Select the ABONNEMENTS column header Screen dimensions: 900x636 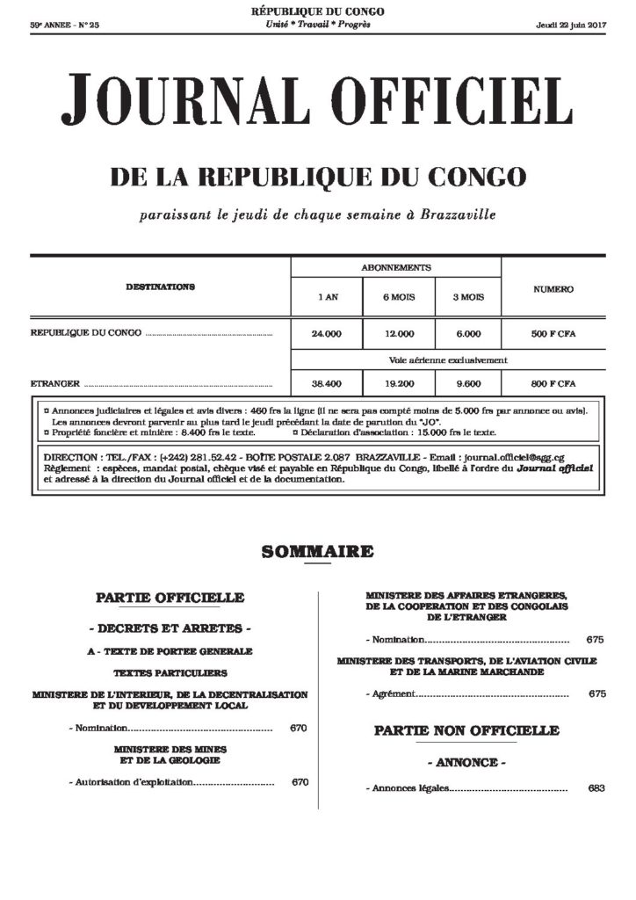[396, 267]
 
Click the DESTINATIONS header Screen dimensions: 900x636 [160, 287]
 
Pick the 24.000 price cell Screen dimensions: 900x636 [327, 334]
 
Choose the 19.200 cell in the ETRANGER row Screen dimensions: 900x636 [398, 384]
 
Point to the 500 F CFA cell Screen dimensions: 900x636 [553, 334]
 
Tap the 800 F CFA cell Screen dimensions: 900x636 [553, 384]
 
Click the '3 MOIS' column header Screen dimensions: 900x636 [468, 297]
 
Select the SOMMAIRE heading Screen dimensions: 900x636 [317, 552]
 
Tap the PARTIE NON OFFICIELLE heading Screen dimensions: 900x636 [466, 730]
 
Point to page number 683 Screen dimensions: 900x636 [597, 788]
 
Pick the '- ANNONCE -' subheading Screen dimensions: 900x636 [466, 761]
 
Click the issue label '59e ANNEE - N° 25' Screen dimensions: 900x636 [65, 25]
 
